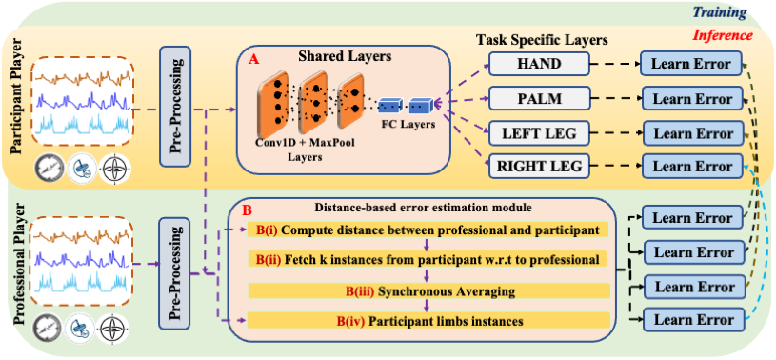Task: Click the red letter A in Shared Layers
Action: [x=252, y=57]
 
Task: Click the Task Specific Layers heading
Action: [x=543, y=40]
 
